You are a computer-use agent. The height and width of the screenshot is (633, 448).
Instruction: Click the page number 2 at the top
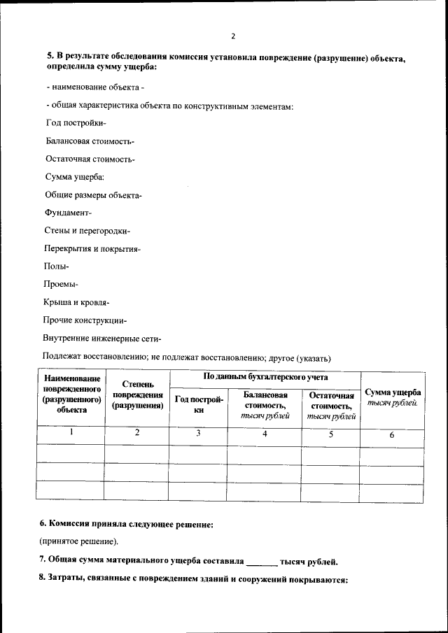(x=233, y=36)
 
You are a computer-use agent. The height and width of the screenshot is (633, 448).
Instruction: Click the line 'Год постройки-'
(x=76, y=123)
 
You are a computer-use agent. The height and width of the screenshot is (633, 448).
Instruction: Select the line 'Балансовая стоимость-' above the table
(x=90, y=141)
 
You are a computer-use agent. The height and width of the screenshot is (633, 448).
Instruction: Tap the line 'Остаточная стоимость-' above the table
(x=90, y=159)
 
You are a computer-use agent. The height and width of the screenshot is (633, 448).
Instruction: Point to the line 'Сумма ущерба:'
(x=75, y=177)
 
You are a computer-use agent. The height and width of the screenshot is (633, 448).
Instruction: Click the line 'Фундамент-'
(x=68, y=213)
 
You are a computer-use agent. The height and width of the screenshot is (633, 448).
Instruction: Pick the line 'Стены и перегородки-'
(x=87, y=231)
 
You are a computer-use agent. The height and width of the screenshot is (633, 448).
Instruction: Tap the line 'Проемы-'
(x=61, y=285)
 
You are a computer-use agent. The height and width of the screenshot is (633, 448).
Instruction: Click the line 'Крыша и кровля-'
(x=76, y=303)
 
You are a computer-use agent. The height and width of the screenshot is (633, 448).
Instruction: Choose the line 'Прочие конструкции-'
(x=84, y=321)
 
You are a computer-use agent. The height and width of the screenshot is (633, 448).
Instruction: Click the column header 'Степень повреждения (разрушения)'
(x=137, y=394)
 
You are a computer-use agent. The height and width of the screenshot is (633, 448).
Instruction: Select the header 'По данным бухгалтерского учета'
(x=265, y=377)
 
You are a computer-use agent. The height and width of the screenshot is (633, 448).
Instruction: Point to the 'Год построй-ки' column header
(x=198, y=405)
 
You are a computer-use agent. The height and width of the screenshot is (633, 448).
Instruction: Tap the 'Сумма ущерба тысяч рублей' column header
(x=393, y=397)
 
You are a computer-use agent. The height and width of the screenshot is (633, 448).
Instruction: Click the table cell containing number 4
(x=265, y=434)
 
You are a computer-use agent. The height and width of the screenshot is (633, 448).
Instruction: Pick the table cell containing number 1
(x=71, y=433)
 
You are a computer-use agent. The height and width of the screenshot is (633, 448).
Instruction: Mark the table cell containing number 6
(x=392, y=435)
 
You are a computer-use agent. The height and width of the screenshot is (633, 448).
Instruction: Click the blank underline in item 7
(x=262, y=562)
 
